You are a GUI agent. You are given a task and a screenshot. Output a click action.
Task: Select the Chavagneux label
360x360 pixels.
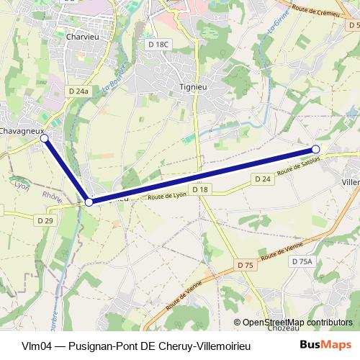coord(22,131)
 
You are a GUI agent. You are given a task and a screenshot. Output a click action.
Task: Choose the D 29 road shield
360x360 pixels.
coord(45,220)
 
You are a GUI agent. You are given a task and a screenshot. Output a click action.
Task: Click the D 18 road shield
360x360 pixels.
coord(200,189)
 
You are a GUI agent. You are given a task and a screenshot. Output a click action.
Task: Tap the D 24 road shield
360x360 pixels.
coord(261,178)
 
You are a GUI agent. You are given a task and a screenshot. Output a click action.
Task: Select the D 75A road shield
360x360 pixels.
coord(302,263)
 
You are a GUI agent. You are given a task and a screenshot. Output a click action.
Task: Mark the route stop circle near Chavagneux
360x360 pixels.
coord(44,138)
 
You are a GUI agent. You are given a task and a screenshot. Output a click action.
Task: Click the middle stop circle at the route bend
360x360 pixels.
coord(89,202)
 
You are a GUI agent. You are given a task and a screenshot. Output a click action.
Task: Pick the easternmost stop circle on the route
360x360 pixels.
coord(315,149)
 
